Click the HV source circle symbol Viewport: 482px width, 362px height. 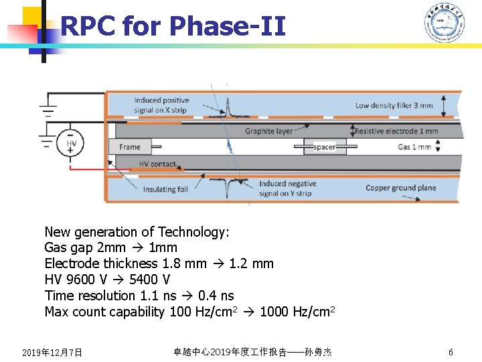72,143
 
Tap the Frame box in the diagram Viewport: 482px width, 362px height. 130,147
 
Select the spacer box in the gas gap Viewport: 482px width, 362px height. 325,147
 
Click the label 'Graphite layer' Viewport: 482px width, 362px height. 268,131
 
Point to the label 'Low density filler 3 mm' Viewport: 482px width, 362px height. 394,105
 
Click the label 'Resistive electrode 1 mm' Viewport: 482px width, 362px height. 396,131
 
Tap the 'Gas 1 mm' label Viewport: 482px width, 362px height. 414,147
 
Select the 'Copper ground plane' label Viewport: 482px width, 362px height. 400,188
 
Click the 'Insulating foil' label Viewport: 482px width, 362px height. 165,190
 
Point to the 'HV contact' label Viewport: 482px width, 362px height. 157,164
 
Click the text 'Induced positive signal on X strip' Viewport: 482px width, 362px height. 161,105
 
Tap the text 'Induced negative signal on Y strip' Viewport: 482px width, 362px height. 287,188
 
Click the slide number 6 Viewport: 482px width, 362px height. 451,352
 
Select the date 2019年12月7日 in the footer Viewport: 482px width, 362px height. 52,352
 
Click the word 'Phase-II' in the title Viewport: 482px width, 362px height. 228,26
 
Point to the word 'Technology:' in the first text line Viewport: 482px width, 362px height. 195,232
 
